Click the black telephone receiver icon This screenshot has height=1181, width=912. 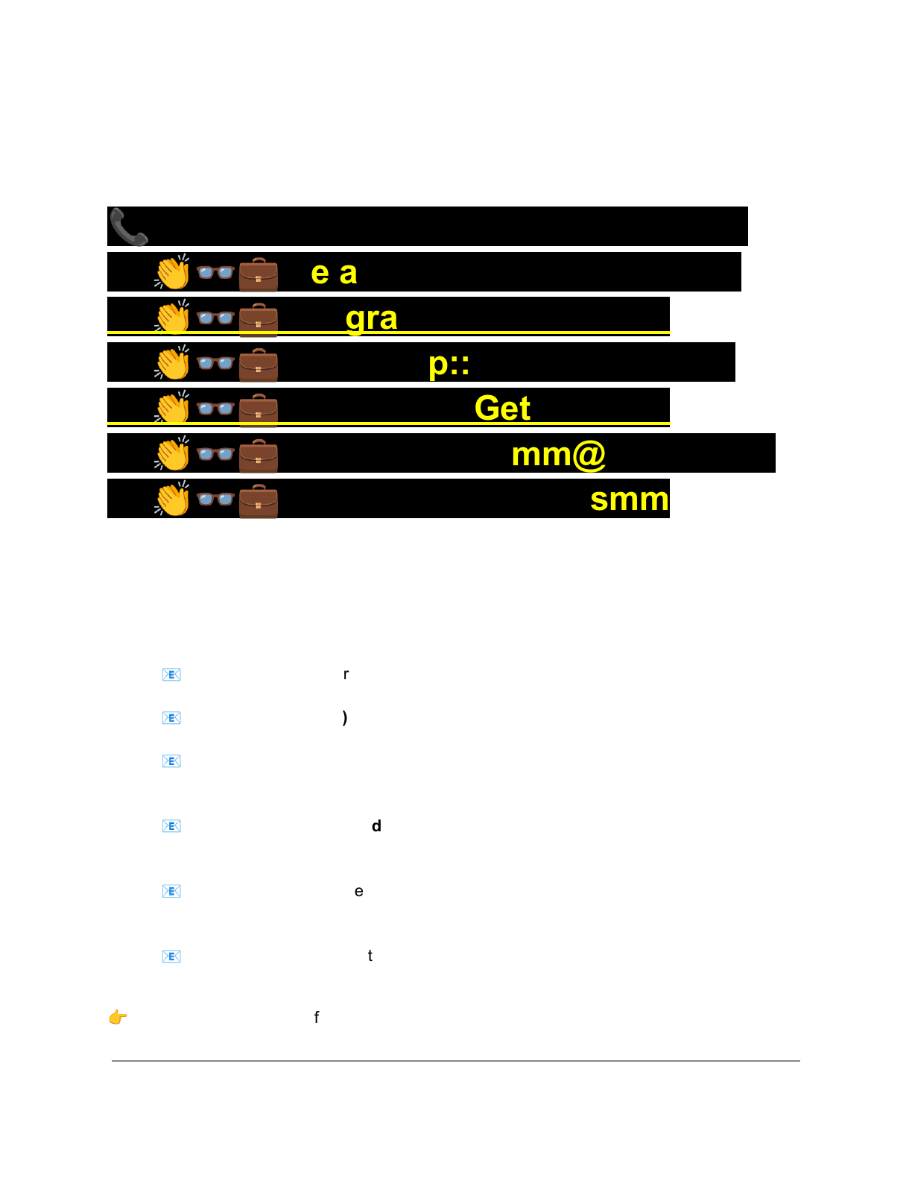(129, 227)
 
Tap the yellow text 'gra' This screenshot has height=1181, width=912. (371, 318)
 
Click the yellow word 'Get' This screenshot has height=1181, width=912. (502, 409)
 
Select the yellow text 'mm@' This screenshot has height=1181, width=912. (558, 454)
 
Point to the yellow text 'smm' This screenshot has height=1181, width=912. (629, 499)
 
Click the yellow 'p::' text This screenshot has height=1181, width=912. (449, 364)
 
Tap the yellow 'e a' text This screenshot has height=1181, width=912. (334, 273)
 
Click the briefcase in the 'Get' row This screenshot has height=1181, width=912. (259, 409)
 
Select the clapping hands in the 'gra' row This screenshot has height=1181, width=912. (172, 318)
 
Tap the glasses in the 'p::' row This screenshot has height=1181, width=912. (215, 363)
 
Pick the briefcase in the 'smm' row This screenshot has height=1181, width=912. (259, 500)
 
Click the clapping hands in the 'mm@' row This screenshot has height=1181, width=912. (172, 454)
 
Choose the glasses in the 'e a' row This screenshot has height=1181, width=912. (215, 272)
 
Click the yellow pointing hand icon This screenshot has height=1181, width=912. (118, 1017)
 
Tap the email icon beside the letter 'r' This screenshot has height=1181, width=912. (171, 675)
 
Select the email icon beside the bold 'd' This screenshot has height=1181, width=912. (171, 826)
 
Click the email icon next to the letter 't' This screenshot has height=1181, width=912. (171, 957)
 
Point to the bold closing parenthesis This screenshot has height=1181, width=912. (344, 718)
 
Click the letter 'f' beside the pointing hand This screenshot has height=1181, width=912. (317, 1017)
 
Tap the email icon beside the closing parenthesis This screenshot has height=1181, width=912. (171, 718)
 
